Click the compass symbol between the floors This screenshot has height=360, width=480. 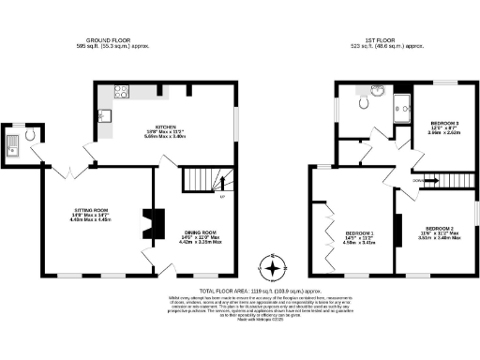coord(273,269)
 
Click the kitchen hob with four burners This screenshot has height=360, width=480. coord(121,92)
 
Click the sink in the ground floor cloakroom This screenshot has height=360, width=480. coord(12,143)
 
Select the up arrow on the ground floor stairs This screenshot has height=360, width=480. coord(221,196)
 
